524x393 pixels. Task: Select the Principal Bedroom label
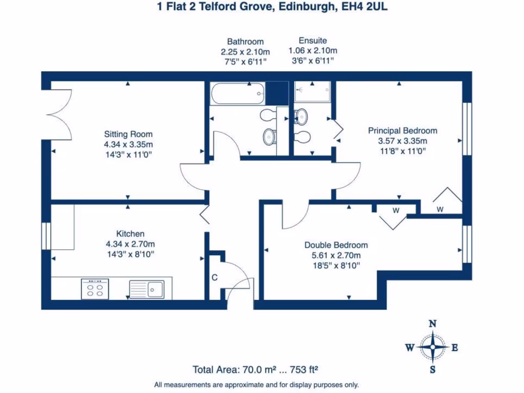pos(403,130)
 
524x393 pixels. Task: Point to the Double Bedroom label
pos(336,245)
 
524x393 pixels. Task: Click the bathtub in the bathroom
pos(237,94)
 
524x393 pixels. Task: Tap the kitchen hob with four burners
pos(95,289)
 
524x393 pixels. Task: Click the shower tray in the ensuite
pos(313,92)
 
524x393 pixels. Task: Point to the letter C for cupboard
pos(215,278)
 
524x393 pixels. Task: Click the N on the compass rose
pos(432,323)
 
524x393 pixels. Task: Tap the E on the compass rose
pos(454,348)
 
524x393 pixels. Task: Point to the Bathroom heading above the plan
pos(245,41)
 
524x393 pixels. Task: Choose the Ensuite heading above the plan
pos(313,40)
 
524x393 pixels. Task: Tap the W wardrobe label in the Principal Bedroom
pos(440,209)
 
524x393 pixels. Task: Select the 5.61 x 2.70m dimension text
pos(336,255)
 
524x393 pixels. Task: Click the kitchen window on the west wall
pos(47,236)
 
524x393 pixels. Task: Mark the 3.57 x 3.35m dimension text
pos(403,141)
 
